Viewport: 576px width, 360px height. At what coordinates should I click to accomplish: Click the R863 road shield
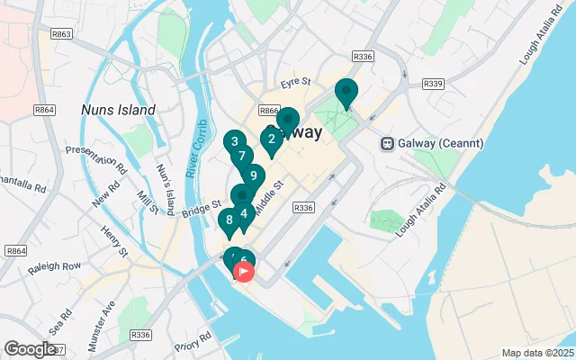pos(62,34)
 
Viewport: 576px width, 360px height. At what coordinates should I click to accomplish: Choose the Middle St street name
pos(268,197)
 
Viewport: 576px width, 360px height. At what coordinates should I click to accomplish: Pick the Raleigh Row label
pos(54,266)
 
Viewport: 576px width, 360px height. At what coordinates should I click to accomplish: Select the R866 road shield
pos(267,110)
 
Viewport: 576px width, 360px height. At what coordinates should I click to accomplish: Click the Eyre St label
pos(294,82)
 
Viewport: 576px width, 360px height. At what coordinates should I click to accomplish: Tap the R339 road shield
pos(433,84)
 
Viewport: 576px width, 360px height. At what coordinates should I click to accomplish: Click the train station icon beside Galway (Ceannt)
pos(388,142)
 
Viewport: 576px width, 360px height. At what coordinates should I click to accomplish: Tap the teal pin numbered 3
pos(234,141)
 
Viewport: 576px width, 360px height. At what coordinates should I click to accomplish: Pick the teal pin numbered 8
pos(229,219)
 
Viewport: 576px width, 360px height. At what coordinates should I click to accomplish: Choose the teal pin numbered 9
pos(254,175)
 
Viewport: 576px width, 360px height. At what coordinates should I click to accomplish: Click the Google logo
pos(30,349)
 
